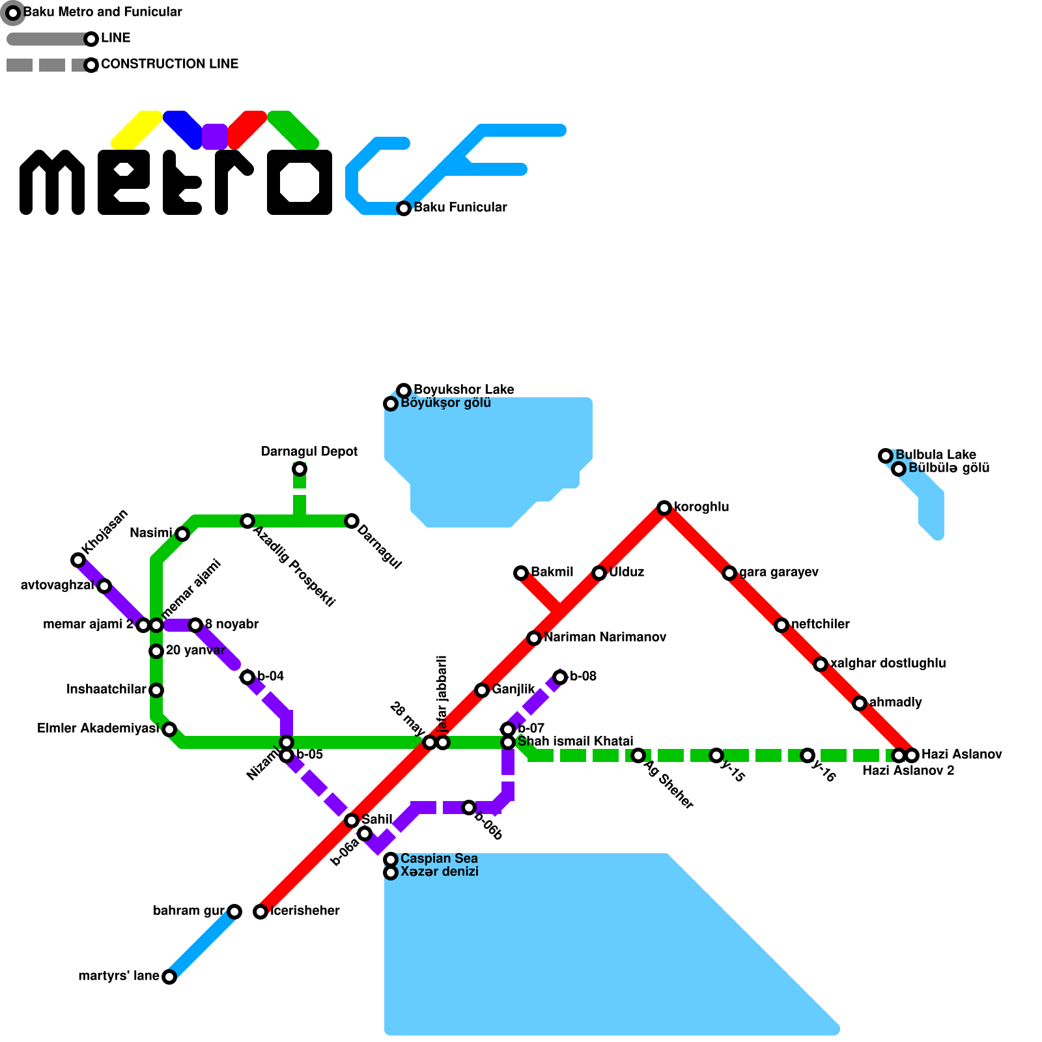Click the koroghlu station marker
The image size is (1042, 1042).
(x=664, y=508)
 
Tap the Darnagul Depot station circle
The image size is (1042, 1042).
(x=299, y=469)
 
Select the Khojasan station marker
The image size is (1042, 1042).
(x=78, y=560)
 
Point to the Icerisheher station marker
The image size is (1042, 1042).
(x=260, y=912)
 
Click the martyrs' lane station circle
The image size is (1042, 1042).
(x=169, y=977)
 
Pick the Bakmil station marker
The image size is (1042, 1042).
(x=520, y=573)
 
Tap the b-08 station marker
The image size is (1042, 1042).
(x=560, y=677)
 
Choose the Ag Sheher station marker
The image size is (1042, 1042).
(x=638, y=755)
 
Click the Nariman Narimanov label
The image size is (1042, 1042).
(x=604, y=638)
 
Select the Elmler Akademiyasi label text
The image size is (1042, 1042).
(x=98, y=729)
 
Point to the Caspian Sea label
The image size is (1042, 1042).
(x=439, y=859)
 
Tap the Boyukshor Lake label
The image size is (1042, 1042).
(x=464, y=390)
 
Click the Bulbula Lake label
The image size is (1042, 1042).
(x=935, y=455)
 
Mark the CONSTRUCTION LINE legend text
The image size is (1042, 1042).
(x=169, y=64)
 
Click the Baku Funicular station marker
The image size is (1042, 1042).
(x=404, y=208)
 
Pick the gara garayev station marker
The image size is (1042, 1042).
(x=729, y=573)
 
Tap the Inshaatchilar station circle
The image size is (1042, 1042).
(x=156, y=690)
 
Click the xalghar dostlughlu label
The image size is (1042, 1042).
(x=888, y=664)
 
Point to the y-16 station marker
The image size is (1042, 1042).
(x=808, y=755)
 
